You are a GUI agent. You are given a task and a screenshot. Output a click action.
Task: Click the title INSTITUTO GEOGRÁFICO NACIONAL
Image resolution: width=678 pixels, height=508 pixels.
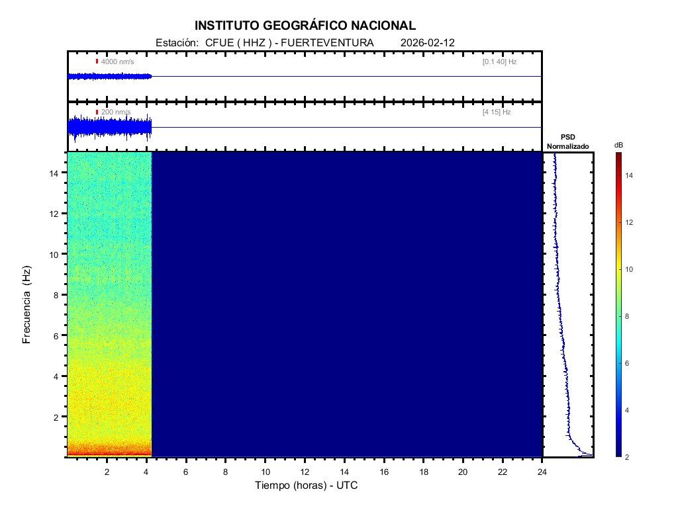305,26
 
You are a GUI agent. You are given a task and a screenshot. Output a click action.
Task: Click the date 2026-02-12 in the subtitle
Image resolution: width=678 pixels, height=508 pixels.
428,42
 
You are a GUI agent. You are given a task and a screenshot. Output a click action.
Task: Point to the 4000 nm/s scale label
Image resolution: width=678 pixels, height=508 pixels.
117,62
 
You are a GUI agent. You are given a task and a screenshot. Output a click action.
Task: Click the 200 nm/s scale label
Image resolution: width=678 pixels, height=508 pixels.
116,112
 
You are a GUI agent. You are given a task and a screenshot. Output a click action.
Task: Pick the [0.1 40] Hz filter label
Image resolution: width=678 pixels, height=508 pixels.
499,62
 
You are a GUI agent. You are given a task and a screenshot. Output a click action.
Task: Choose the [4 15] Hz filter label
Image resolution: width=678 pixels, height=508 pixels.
497,112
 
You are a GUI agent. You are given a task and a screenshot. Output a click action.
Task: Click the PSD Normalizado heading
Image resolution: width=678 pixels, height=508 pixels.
567,142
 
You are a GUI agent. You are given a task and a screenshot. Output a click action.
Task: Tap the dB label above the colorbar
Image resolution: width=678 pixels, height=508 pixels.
618,145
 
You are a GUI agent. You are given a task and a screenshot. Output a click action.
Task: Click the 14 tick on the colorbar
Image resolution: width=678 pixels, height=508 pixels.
630,175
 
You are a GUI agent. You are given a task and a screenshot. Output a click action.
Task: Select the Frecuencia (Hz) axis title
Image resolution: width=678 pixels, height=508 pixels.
27,304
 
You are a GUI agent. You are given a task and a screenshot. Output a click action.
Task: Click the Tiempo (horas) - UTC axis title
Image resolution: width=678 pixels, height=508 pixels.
307,486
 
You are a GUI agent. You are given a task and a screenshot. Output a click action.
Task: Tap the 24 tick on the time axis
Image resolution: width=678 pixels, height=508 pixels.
542,472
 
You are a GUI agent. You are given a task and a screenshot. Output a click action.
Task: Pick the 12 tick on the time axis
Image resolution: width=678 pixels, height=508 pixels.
305,472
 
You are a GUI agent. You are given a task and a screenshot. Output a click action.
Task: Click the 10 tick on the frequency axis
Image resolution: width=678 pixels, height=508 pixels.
56,254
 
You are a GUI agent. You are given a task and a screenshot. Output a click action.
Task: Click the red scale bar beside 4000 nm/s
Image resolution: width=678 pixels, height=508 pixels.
97,62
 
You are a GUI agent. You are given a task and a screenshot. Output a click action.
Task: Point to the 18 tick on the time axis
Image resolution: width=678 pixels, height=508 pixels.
423,472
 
